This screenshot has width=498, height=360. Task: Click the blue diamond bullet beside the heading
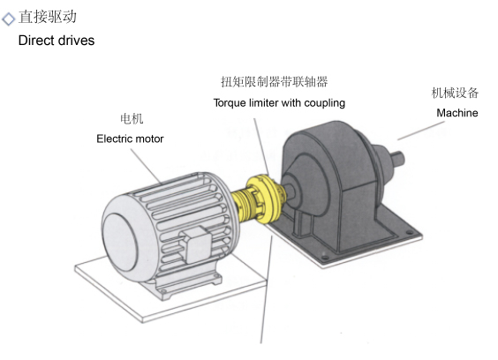[x=8, y=19]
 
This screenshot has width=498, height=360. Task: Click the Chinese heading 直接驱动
[x=48, y=17]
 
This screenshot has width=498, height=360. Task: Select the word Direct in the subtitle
[x=32, y=41]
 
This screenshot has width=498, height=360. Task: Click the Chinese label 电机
[x=132, y=119]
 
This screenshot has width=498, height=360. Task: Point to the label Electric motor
[x=130, y=139]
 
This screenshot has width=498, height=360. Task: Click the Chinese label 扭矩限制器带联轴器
[x=275, y=82]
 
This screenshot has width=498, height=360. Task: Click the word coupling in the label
[x=325, y=103]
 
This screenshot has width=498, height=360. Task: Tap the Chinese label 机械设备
[x=455, y=93]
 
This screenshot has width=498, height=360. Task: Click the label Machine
[x=457, y=113]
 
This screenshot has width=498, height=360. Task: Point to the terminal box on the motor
[x=196, y=244]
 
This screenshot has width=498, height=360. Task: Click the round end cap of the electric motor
[x=120, y=242]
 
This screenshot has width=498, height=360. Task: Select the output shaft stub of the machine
[x=398, y=158]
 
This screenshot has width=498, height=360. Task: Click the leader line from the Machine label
[x=421, y=131]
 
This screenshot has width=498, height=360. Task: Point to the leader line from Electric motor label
[x=146, y=166]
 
